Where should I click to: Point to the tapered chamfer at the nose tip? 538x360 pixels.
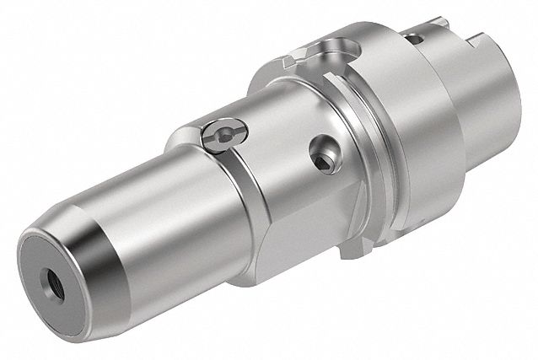(93, 278)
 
